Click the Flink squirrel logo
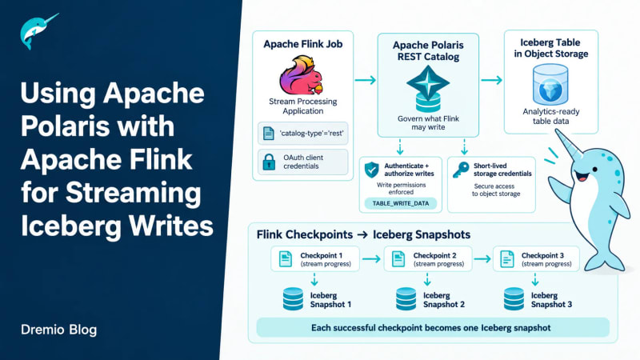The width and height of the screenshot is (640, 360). click(x=302, y=76)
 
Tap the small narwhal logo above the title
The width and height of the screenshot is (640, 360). click(x=38, y=31)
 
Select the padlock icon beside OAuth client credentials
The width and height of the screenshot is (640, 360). click(x=269, y=162)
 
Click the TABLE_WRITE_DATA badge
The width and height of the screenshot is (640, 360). click(x=401, y=203)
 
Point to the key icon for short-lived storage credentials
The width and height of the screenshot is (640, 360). click(x=461, y=170)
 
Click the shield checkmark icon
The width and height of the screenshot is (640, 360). click(x=371, y=170)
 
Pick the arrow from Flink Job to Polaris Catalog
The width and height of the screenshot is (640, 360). click(x=366, y=80)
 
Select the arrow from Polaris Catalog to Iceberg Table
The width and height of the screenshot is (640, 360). click(x=491, y=80)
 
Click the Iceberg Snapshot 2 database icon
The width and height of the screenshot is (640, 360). click(x=406, y=299)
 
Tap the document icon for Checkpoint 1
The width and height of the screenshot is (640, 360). click(x=286, y=259)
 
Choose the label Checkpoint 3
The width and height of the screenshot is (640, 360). click(x=542, y=255)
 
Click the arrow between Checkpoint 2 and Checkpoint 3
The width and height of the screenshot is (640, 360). click(x=482, y=258)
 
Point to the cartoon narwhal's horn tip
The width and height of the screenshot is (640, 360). click(x=556, y=130)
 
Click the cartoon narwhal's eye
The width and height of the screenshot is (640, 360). click(x=594, y=169)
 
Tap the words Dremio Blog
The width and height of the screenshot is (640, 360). click(x=58, y=330)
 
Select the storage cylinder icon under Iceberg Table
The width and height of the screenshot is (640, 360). click(x=550, y=85)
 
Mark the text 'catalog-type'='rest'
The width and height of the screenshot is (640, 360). click(x=311, y=133)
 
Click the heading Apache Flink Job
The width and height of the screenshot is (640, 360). click(x=303, y=44)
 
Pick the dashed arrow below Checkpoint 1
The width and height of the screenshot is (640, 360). click(x=314, y=279)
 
